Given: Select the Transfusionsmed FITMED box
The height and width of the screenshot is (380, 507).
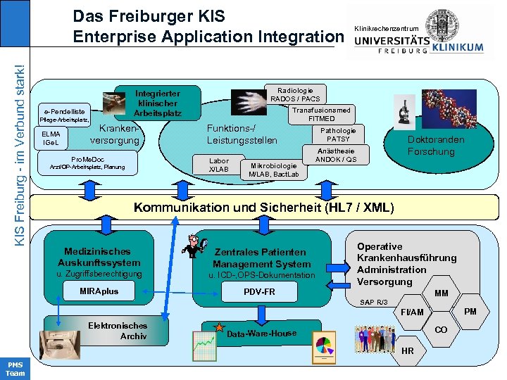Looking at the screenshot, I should pos(321,114).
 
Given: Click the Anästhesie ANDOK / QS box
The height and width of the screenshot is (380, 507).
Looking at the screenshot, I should pos(336,155).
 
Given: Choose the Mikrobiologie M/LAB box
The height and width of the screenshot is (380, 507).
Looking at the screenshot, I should pos(273,170).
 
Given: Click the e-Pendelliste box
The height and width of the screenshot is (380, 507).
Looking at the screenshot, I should pos(64,111).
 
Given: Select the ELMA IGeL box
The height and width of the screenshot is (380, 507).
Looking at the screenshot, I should pos(51,138).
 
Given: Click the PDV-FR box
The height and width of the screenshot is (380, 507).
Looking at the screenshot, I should pos(259,291).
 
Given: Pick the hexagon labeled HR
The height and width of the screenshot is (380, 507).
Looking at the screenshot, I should pos(408,350).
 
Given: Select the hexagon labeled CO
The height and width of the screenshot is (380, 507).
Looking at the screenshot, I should pos(441,330).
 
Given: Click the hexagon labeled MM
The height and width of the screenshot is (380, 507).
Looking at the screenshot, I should pos(442,293).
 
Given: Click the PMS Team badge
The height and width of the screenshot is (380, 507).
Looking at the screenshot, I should pos(14,369).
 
